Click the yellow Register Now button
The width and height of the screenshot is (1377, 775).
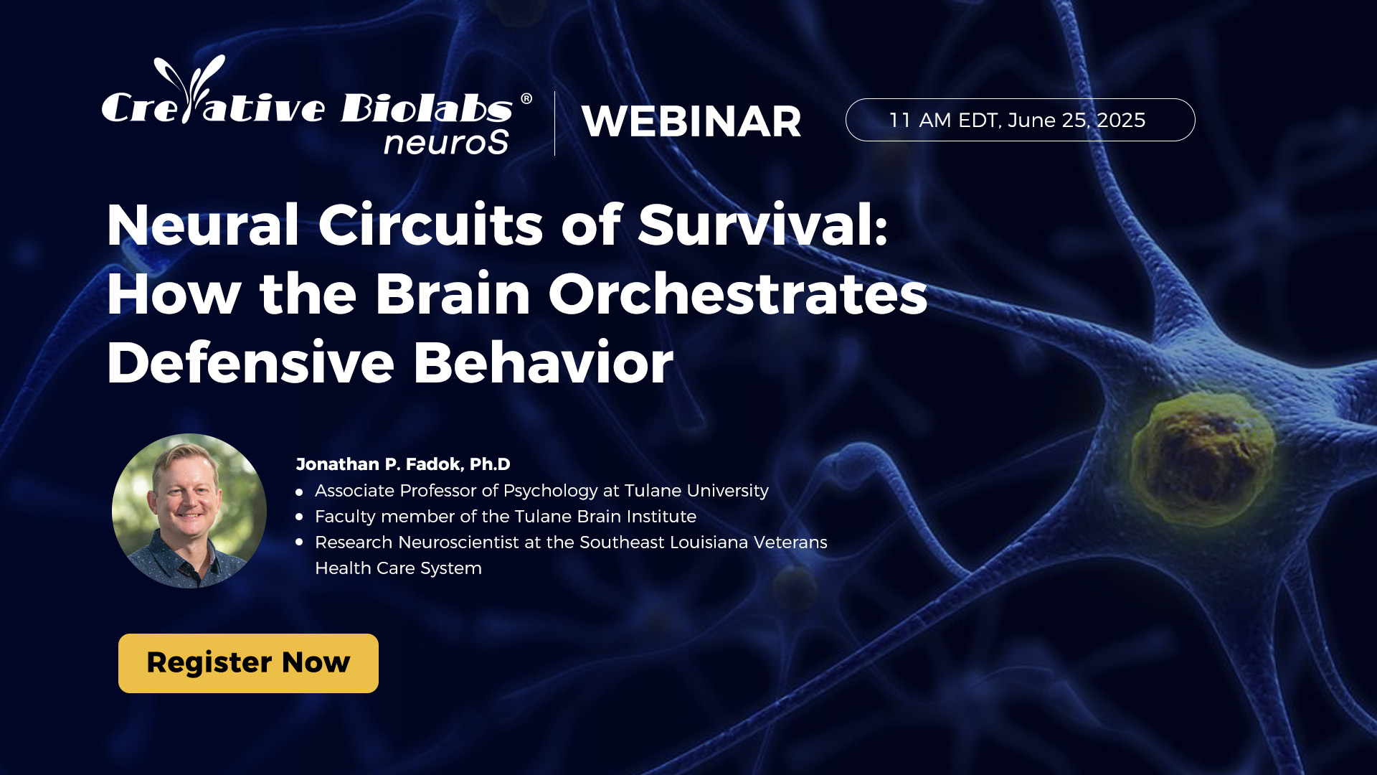[248, 663]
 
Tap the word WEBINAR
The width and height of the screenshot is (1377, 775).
[691, 121]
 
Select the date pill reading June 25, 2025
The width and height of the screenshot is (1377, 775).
[1020, 120]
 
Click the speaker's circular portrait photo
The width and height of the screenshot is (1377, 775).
[189, 511]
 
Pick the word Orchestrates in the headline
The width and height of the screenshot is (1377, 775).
[738, 294]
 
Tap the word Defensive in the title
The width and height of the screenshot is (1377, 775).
[250, 363]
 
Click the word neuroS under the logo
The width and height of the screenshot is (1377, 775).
[446, 142]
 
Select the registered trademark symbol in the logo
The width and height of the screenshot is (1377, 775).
[526, 99]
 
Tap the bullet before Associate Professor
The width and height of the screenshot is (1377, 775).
[300, 492]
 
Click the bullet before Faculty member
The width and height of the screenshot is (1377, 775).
[300, 517]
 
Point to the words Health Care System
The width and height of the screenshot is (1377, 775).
[398, 568]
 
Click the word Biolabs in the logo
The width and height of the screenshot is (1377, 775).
[427, 108]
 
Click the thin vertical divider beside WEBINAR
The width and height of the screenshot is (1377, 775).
[554, 123]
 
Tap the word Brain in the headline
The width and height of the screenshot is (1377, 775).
[453, 294]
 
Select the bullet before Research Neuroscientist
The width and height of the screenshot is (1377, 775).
[300, 542]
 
